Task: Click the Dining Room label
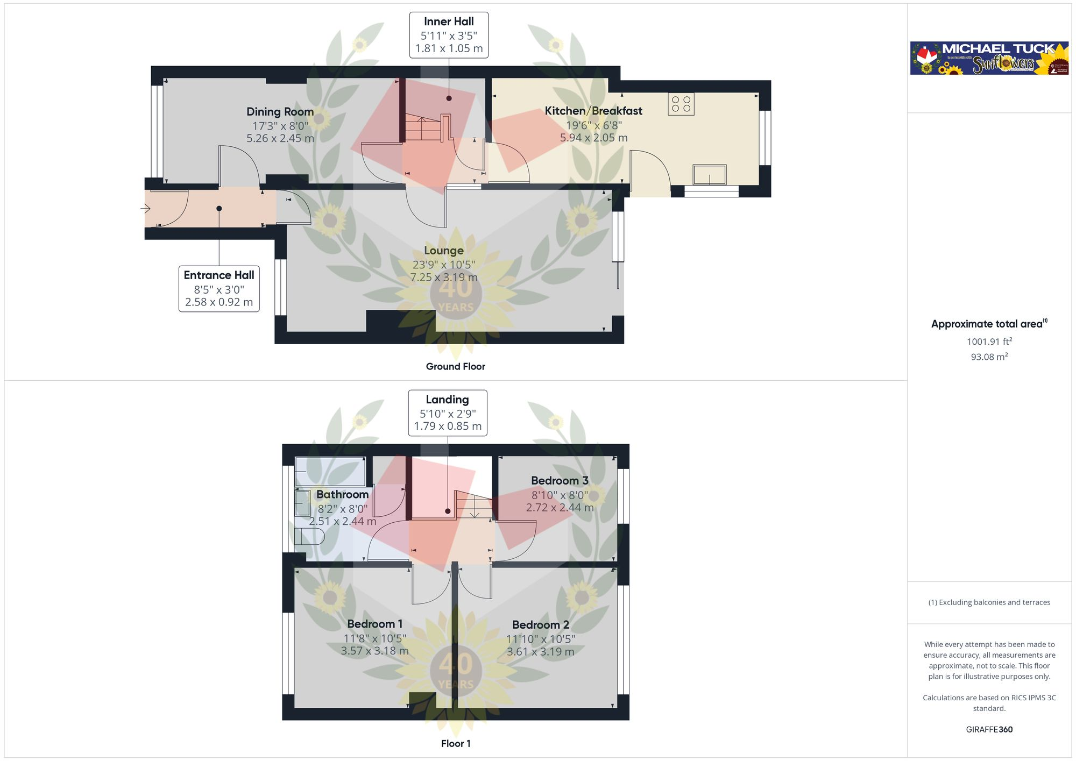pos(280,112)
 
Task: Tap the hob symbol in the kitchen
pos(681,104)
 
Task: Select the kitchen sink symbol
pos(709,175)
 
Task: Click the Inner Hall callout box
pos(449,35)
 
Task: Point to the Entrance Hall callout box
pos(219,289)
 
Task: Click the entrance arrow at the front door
pos(145,209)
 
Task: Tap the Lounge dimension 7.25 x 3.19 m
pos(444,278)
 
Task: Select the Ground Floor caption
pos(455,366)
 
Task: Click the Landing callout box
pos(448,413)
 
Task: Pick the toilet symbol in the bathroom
pos(309,536)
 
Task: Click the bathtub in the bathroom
pos(330,472)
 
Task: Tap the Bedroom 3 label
pos(560,481)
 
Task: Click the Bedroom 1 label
pos(374,624)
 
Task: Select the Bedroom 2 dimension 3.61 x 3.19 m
pos(540,652)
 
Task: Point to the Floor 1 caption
pos(455,743)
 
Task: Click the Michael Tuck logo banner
pos(989,58)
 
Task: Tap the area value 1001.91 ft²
pos(989,342)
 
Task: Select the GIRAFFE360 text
pos(989,729)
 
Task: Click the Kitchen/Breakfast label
pos(593,111)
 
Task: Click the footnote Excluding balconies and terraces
pos(989,602)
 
